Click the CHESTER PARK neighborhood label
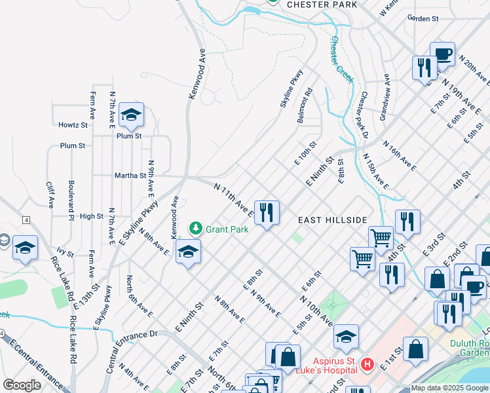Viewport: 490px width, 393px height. tap(322, 4)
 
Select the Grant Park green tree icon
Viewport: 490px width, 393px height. tap(195, 229)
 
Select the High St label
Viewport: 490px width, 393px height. tap(91, 216)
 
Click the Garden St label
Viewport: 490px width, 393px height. tap(423, 19)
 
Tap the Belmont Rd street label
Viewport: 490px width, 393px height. tap(306, 101)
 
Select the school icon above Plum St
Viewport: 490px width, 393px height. tap(131, 115)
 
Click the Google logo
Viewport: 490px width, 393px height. tap(22, 385)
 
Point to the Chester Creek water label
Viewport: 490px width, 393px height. tap(342, 59)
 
